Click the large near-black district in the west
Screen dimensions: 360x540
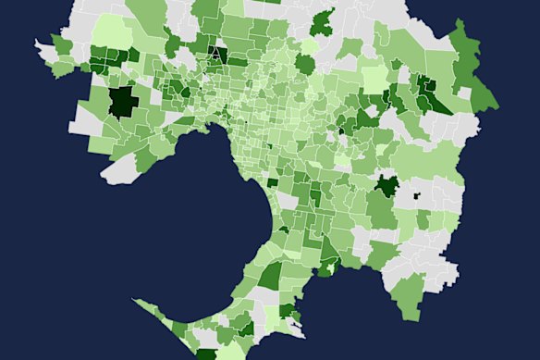click(121, 101)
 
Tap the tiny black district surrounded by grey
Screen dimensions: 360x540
click(415, 195)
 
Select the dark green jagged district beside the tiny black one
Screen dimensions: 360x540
click(387, 186)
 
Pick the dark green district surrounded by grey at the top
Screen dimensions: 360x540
click(323, 24)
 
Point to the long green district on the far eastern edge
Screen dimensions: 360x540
click(471, 69)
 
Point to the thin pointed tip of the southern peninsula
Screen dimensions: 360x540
click(139, 301)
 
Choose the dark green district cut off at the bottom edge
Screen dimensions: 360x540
click(205, 354)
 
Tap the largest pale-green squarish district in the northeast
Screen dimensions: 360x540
click(374, 80)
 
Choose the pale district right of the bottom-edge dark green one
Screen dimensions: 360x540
click(231, 352)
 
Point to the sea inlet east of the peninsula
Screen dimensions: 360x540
click(342, 305)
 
